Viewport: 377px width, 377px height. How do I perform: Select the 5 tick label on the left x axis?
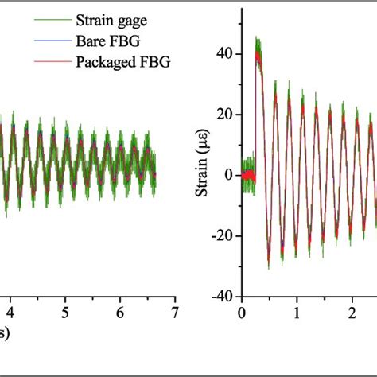point(65,313)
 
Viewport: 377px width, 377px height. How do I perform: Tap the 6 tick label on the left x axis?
point(121,313)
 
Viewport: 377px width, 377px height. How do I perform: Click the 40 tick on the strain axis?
point(226,55)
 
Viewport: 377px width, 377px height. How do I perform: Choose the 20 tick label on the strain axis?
point(226,115)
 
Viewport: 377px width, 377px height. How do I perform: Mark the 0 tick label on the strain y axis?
point(231,175)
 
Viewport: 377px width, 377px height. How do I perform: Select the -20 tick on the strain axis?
point(223,235)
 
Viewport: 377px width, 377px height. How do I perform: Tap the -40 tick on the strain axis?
point(223,295)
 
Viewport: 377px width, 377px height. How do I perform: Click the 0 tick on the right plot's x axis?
point(243,313)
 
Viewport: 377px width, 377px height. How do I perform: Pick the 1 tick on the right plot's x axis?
point(297,313)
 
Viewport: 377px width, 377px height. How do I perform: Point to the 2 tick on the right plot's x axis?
point(352,313)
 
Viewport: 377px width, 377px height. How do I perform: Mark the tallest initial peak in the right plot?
point(257,40)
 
